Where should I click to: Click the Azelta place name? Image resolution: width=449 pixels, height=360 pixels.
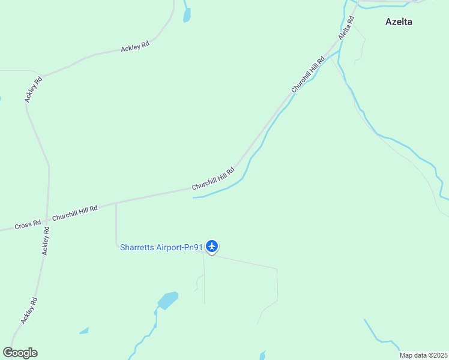click(399, 22)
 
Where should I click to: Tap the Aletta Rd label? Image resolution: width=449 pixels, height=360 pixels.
click(346, 28)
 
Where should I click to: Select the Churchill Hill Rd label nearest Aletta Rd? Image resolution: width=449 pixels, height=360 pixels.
click(309, 75)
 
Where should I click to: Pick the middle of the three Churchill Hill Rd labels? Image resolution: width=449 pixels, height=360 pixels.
click(213, 178)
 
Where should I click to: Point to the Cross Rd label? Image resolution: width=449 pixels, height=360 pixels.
click(28, 224)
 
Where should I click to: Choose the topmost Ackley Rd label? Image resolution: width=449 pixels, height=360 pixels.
click(135, 45)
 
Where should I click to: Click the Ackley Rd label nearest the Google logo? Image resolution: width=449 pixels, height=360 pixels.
click(29, 311)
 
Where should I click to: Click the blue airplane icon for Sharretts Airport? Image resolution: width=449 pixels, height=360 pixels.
click(212, 246)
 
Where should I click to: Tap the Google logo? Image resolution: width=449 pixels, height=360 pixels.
click(20, 353)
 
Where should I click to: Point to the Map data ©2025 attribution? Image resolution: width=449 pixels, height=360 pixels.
click(424, 355)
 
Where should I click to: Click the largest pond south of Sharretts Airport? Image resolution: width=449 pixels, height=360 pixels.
click(167, 299)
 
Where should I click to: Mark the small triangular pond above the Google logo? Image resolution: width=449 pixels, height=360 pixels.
click(85, 331)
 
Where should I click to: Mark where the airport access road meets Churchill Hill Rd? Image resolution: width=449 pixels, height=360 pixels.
click(116, 203)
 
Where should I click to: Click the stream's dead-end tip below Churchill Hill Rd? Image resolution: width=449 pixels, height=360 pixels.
click(194, 197)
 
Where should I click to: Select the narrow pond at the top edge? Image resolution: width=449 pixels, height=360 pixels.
click(186, 14)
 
